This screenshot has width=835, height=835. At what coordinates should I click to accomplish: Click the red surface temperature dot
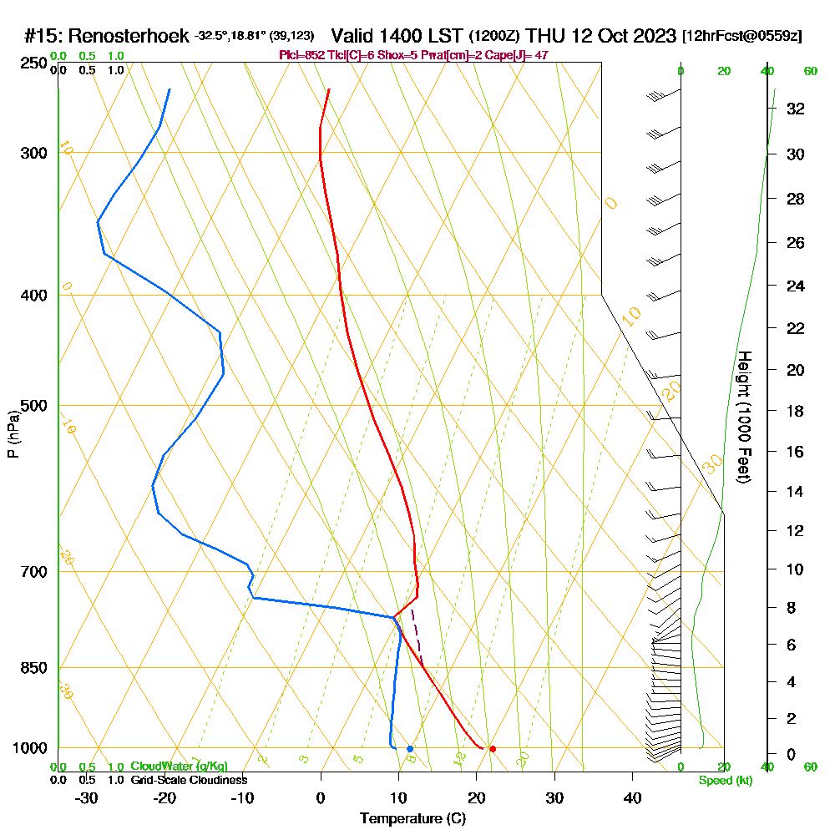tap(493, 749)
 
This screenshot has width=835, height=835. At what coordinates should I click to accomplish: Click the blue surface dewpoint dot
tap(410, 749)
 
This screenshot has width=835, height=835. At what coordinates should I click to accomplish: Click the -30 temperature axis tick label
tap(87, 798)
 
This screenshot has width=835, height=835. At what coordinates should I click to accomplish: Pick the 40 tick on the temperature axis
tap(632, 798)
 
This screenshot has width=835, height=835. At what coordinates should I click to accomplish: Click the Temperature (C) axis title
tap(413, 819)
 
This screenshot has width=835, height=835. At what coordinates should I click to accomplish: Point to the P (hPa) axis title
tap(13, 433)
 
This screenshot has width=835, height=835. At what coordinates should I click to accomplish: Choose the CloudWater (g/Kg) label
tap(179, 767)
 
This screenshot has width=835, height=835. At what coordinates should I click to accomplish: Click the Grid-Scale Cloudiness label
tap(188, 780)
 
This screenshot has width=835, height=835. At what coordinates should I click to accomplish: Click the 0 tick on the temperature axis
tap(321, 798)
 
